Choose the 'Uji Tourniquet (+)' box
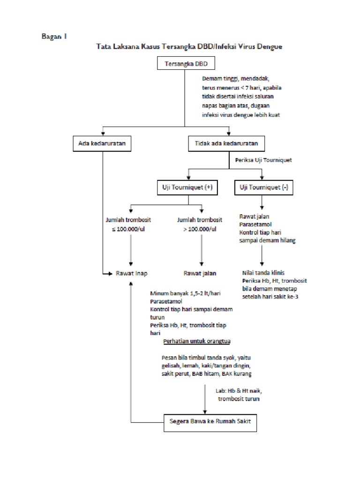tap(188, 187)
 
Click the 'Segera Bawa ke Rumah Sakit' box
tap(210, 421)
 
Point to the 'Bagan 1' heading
tap(53, 36)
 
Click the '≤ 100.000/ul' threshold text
tap(131, 229)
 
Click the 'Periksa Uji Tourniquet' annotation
tap(263, 160)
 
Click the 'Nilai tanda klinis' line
tap(263, 272)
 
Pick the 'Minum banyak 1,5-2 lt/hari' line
tap(186, 293)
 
